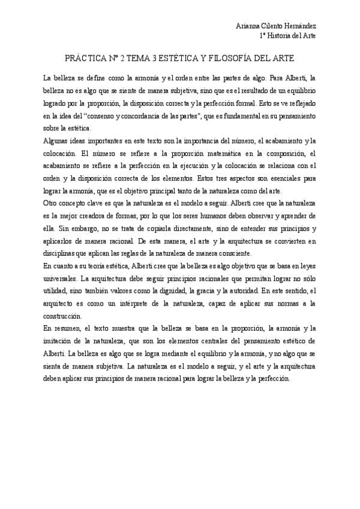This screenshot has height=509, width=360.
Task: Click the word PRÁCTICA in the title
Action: [x=85, y=61]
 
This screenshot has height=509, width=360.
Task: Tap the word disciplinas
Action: [x=61, y=253]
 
